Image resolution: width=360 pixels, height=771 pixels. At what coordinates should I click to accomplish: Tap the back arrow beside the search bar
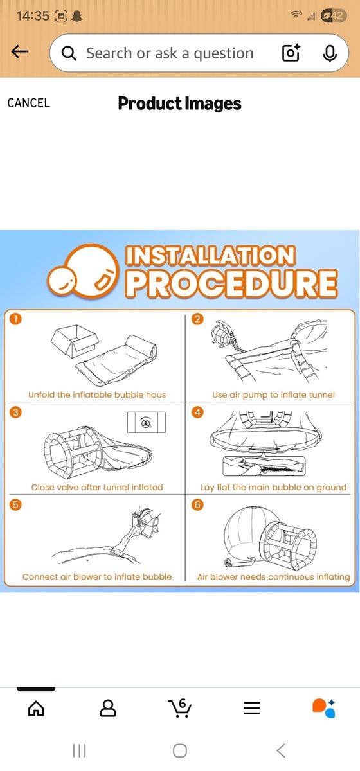[19, 52]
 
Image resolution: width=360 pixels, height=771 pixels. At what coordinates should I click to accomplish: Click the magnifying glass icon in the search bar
[69, 53]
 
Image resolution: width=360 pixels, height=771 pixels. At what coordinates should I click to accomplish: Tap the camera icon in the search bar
[291, 53]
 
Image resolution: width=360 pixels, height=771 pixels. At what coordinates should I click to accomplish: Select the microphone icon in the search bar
[330, 53]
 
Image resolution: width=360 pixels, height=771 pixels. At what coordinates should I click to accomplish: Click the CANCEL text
[28, 103]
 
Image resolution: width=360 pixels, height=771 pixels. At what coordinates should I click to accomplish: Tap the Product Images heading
[179, 103]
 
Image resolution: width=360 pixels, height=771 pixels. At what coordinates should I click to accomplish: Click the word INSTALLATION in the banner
[210, 256]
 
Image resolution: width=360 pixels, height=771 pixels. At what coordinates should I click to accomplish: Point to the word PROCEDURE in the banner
[231, 283]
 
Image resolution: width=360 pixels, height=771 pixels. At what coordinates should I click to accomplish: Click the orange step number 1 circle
[15, 319]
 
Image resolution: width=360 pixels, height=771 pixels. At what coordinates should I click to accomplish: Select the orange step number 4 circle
[197, 412]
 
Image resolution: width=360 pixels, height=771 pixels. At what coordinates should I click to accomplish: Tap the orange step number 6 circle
[197, 504]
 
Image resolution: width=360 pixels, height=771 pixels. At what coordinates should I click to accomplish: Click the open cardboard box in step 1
[75, 340]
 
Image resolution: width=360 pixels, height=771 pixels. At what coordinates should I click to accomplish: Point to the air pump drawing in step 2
[224, 333]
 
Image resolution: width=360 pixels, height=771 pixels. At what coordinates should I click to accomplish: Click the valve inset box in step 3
[147, 422]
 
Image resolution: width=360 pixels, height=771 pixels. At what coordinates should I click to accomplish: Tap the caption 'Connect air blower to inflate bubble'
[97, 576]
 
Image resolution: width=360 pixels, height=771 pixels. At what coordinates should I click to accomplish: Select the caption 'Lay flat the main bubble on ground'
[273, 487]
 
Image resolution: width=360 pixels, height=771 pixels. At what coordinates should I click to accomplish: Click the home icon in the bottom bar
[36, 708]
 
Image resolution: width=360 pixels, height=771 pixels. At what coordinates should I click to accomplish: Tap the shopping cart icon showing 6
[180, 707]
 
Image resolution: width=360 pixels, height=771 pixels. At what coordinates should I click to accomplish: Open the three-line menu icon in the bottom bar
[252, 708]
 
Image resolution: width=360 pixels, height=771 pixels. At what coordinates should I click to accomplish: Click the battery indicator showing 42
[334, 15]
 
